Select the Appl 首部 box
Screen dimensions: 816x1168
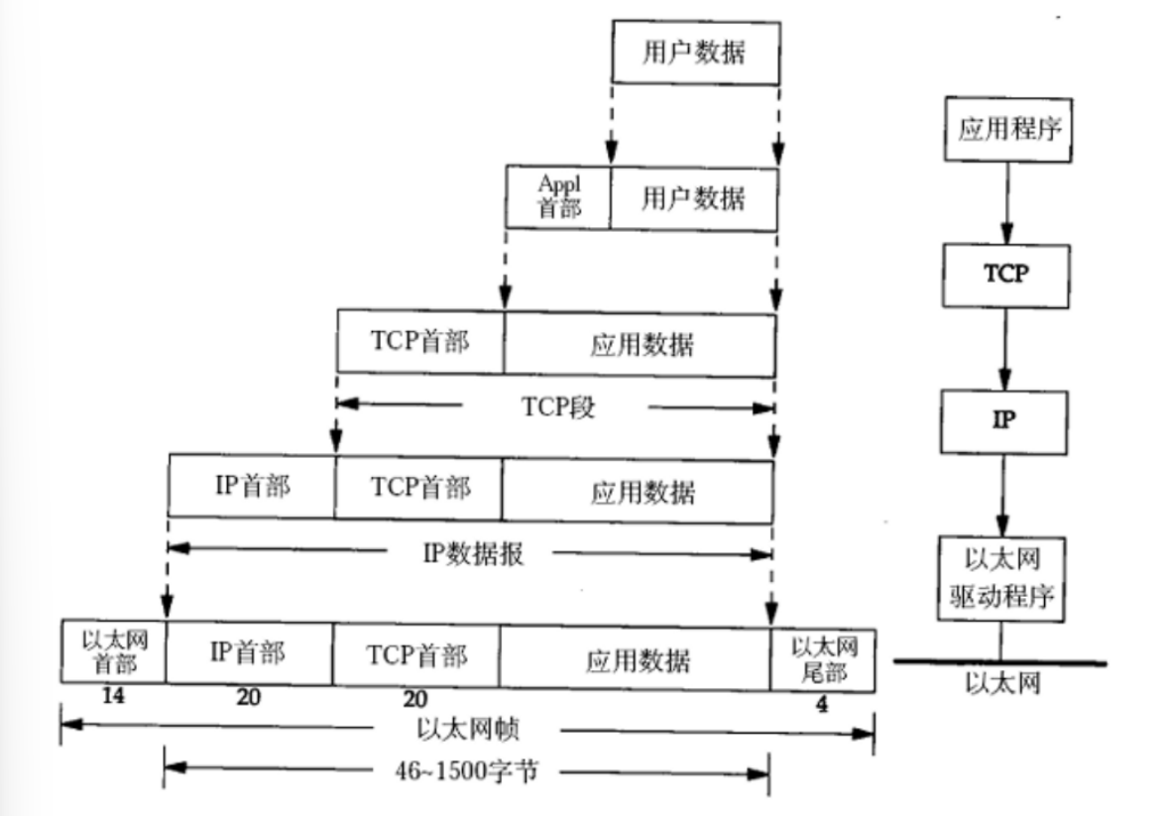(x=558, y=196)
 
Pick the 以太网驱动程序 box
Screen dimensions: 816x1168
(x=1000, y=579)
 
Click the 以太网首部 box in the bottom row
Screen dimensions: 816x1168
(x=113, y=652)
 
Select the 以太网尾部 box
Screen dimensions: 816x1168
(x=823, y=659)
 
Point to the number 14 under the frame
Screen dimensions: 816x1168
(x=113, y=696)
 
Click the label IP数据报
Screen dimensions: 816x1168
(x=473, y=553)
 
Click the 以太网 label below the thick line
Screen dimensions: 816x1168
(x=1002, y=684)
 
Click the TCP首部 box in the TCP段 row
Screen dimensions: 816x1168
(x=420, y=342)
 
